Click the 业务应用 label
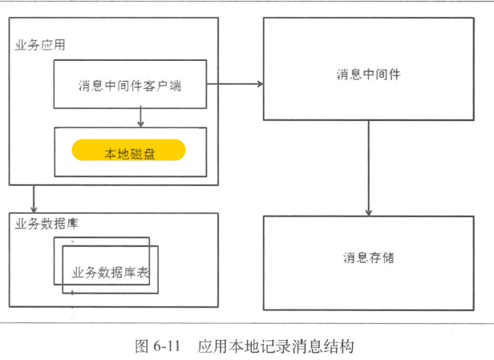click(x=40, y=45)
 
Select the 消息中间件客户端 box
click(x=130, y=84)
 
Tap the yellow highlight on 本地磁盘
click(x=129, y=150)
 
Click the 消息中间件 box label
click(x=368, y=74)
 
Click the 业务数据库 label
click(x=47, y=223)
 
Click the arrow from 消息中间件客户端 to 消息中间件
click(x=237, y=83)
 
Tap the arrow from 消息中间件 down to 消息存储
click(x=368, y=168)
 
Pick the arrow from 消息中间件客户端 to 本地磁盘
click(x=140, y=117)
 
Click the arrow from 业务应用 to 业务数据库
click(x=34, y=197)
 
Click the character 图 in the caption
click(x=140, y=346)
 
